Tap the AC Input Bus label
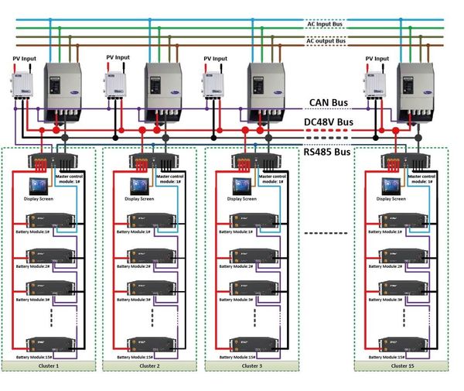coord(326,25)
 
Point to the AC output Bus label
coord(326,40)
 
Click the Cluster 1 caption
coord(48,365)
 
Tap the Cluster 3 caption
coord(252,365)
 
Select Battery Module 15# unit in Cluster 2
coord(147,341)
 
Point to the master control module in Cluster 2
coord(154,161)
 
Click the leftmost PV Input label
coord(24,57)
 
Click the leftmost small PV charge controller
coord(22,85)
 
